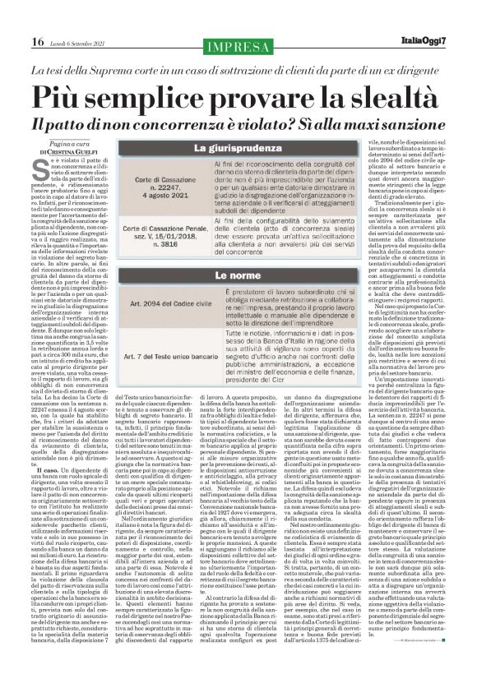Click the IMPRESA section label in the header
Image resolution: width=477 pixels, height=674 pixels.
[238, 43]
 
